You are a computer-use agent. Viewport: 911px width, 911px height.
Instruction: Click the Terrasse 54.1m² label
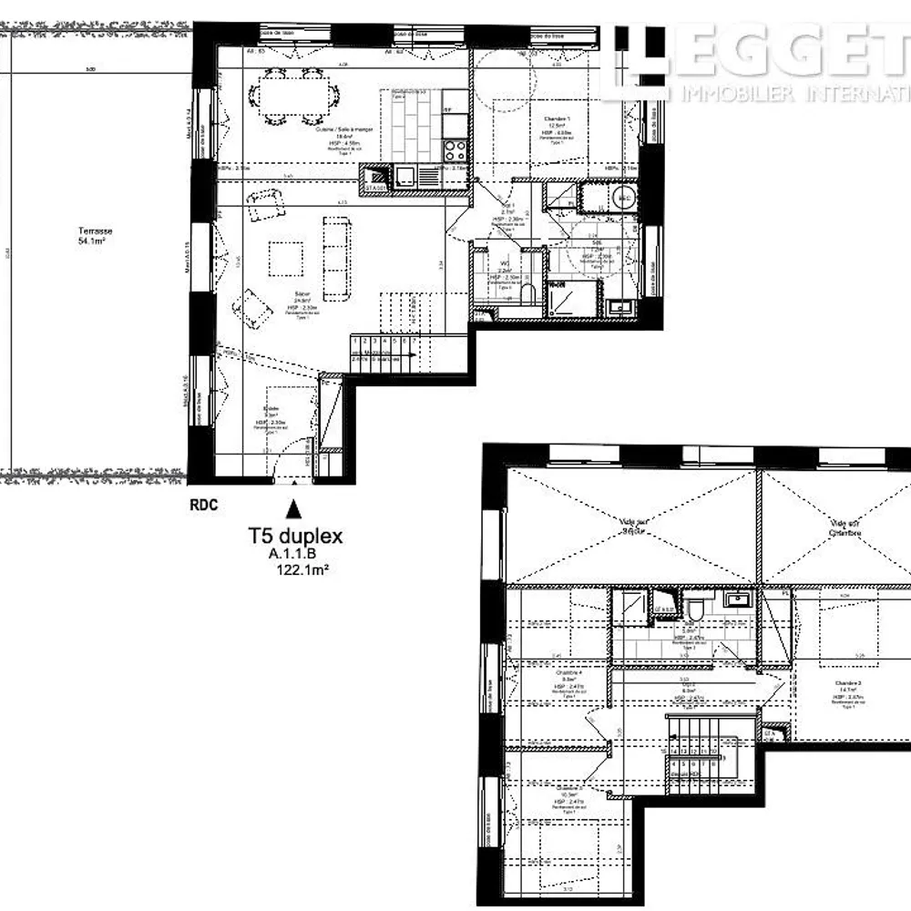(96, 236)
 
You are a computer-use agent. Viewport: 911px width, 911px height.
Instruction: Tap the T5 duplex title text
(296, 537)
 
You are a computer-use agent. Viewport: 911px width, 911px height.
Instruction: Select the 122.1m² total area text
(301, 570)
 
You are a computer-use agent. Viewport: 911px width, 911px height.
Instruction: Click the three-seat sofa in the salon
(336, 259)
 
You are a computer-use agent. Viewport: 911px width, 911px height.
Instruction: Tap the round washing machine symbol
(624, 197)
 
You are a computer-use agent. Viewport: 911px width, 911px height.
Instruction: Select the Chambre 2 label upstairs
(847, 684)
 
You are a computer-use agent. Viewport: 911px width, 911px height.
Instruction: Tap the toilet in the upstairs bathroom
(694, 609)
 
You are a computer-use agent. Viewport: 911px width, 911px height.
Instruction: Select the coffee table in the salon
(286, 258)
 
